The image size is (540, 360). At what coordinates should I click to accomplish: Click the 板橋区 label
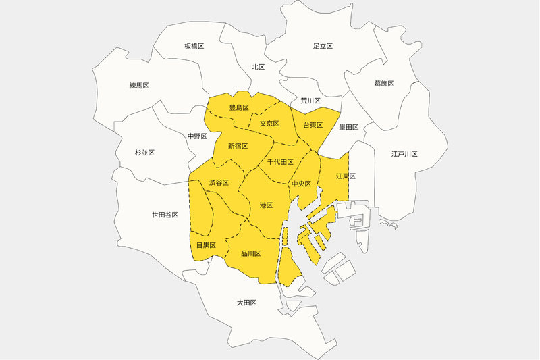coord(194,46)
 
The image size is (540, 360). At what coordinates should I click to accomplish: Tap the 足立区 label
coord(323,46)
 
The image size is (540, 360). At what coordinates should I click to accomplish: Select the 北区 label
coord(258,67)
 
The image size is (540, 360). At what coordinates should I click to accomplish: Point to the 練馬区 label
coord(139,86)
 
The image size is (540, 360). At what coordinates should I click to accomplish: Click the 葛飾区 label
coord(383,84)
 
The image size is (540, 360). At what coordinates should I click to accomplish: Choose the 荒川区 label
coord(310,101)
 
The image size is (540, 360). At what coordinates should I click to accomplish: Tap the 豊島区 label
coord(239,108)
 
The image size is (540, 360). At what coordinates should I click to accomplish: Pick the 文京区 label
coord(269,124)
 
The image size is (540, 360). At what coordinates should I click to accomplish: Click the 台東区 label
coord(313,126)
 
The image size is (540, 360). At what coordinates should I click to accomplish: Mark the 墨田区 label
coord(349,127)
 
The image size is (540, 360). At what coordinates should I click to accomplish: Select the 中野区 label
coord(197,136)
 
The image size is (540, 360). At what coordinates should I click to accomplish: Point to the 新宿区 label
coord(238,146)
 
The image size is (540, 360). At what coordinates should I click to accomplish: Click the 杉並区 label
coord(144,153)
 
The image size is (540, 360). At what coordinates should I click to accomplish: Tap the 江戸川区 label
coord(404,154)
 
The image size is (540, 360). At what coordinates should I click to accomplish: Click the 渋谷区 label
coord(219,183)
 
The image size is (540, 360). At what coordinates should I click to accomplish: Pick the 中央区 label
coord(301,184)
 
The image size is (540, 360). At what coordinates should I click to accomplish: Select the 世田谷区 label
coord(165,215)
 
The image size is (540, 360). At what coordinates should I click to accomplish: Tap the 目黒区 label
coord(206,245)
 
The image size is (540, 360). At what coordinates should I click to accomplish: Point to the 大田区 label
coord(246,303)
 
